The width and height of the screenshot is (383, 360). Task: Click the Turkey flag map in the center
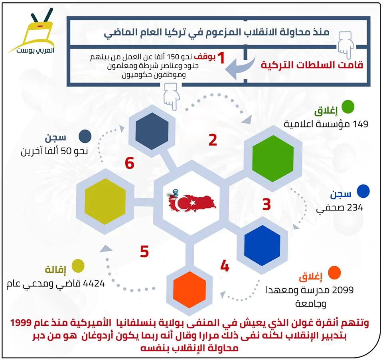click(x=192, y=201)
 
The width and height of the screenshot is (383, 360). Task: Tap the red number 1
click(x=221, y=58)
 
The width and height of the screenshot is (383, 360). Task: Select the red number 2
click(x=213, y=140)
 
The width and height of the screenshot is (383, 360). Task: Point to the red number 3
click(x=267, y=204)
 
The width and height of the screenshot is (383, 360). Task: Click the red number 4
click(x=225, y=266)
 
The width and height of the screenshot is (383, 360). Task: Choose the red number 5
click(x=144, y=252)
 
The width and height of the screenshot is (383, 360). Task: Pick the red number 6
click(x=129, y=163)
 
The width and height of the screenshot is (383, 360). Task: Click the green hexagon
click(x=273, y=158)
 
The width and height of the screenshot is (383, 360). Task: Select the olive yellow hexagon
click(x=105, y=201)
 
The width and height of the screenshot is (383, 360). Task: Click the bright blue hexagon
click(x=262, y=246)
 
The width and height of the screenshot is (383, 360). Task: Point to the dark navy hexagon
click(x=152, y=131)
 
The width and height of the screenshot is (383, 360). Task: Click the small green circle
click(x=347, y=107)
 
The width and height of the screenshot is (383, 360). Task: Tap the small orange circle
click(x=334, y=273)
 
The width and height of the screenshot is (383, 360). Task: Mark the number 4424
click(x=94, y=283)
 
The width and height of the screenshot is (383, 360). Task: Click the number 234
click(x=355, y=208)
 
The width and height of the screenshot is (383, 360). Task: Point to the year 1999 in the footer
click(x=21, y=323)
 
